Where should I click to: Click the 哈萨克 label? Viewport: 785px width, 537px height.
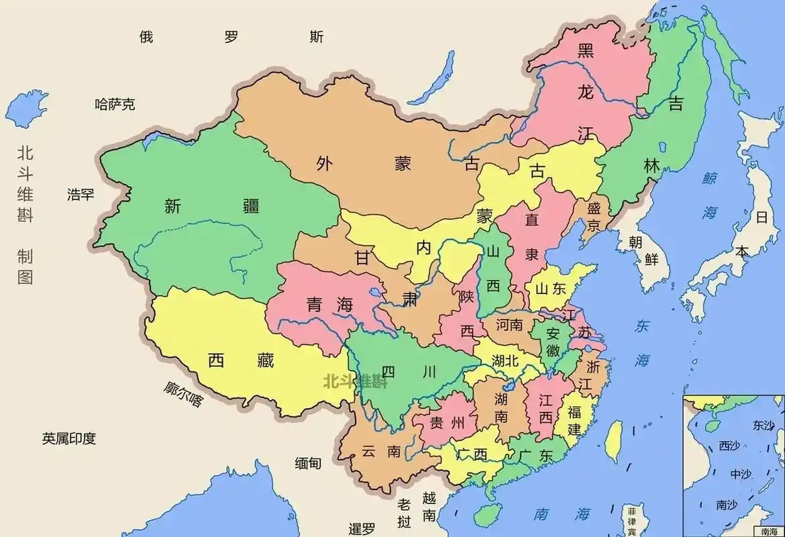click(x=115, y=104)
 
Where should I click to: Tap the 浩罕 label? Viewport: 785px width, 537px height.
click(x=81, y=195)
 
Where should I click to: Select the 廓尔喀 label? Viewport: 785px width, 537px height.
click(x=182, y=394)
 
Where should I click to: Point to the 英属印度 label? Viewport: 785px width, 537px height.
click(x=69, y=439)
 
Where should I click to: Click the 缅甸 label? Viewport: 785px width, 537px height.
click(x=308, y=462)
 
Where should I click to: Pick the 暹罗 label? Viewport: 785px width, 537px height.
click(x=362, y=528)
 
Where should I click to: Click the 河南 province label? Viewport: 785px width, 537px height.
click(x=509, y=325)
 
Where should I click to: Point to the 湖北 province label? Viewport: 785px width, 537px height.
click(x=505, y=360)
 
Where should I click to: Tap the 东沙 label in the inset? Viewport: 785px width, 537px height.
click(x=764, y=425)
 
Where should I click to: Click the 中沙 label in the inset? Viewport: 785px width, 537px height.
click(x=741, y=474)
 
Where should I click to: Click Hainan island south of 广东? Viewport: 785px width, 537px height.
click(x=488, y=514)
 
